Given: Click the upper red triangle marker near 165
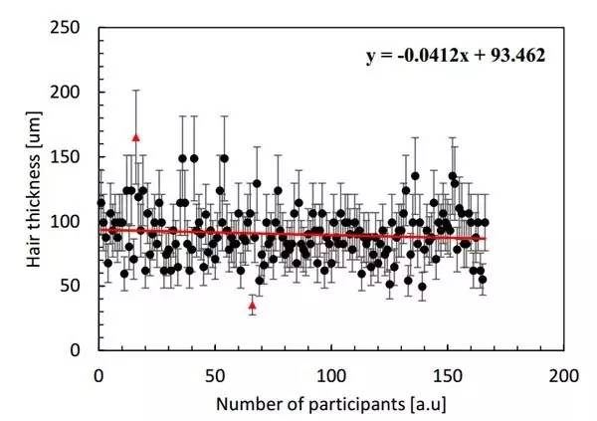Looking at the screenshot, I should pyautogui.click(x=136, y=137).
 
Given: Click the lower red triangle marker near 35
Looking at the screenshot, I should pyautogui.click(x=252, y=305).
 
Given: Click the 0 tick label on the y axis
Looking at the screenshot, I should pyautogui.click(x=83, y=350).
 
